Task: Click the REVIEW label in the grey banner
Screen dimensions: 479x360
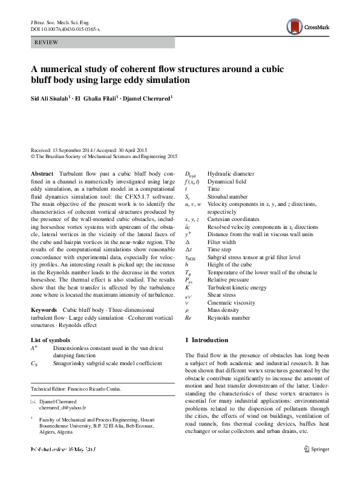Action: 47,42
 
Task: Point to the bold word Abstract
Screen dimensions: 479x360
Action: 42,174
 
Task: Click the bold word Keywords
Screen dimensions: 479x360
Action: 44,309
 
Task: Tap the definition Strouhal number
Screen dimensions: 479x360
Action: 227,196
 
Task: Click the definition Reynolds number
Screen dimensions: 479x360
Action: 229,317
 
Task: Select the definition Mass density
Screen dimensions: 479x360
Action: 224,309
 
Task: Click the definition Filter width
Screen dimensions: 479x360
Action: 221,242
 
